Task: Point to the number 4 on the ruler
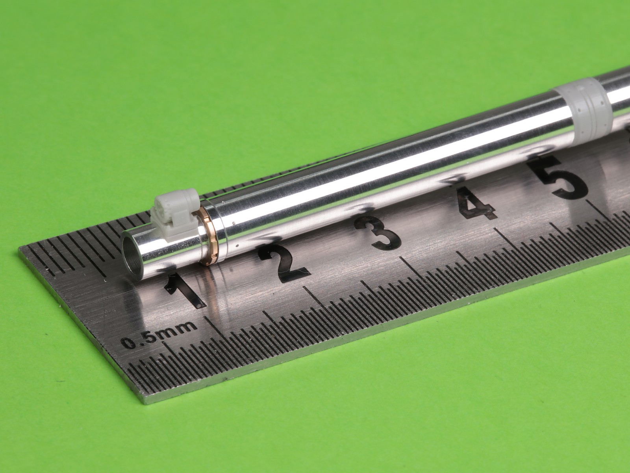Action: click(475, 204)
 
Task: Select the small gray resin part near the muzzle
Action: click(175, 214)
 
